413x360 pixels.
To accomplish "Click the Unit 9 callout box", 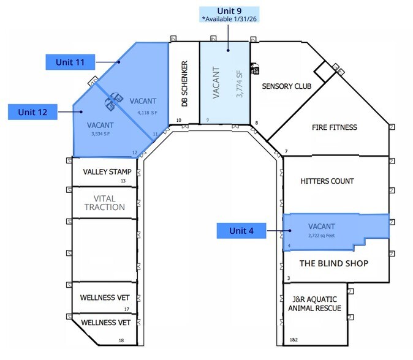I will (229, 15).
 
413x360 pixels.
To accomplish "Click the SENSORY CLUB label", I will (286, 86).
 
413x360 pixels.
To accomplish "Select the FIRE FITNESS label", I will (334, 127).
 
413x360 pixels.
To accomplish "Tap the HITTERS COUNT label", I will (327, 181).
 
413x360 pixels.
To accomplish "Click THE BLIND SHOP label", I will (333, 263).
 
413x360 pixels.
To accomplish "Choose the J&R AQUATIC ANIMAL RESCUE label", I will (314, 304).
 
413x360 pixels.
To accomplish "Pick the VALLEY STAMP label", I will (107, 171).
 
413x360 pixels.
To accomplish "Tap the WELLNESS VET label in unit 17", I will (105, 298).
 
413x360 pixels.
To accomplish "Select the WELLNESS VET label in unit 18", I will (105, 322).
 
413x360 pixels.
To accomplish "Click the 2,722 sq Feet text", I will (324, 233).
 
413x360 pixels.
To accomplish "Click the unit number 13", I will (123, 181).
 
